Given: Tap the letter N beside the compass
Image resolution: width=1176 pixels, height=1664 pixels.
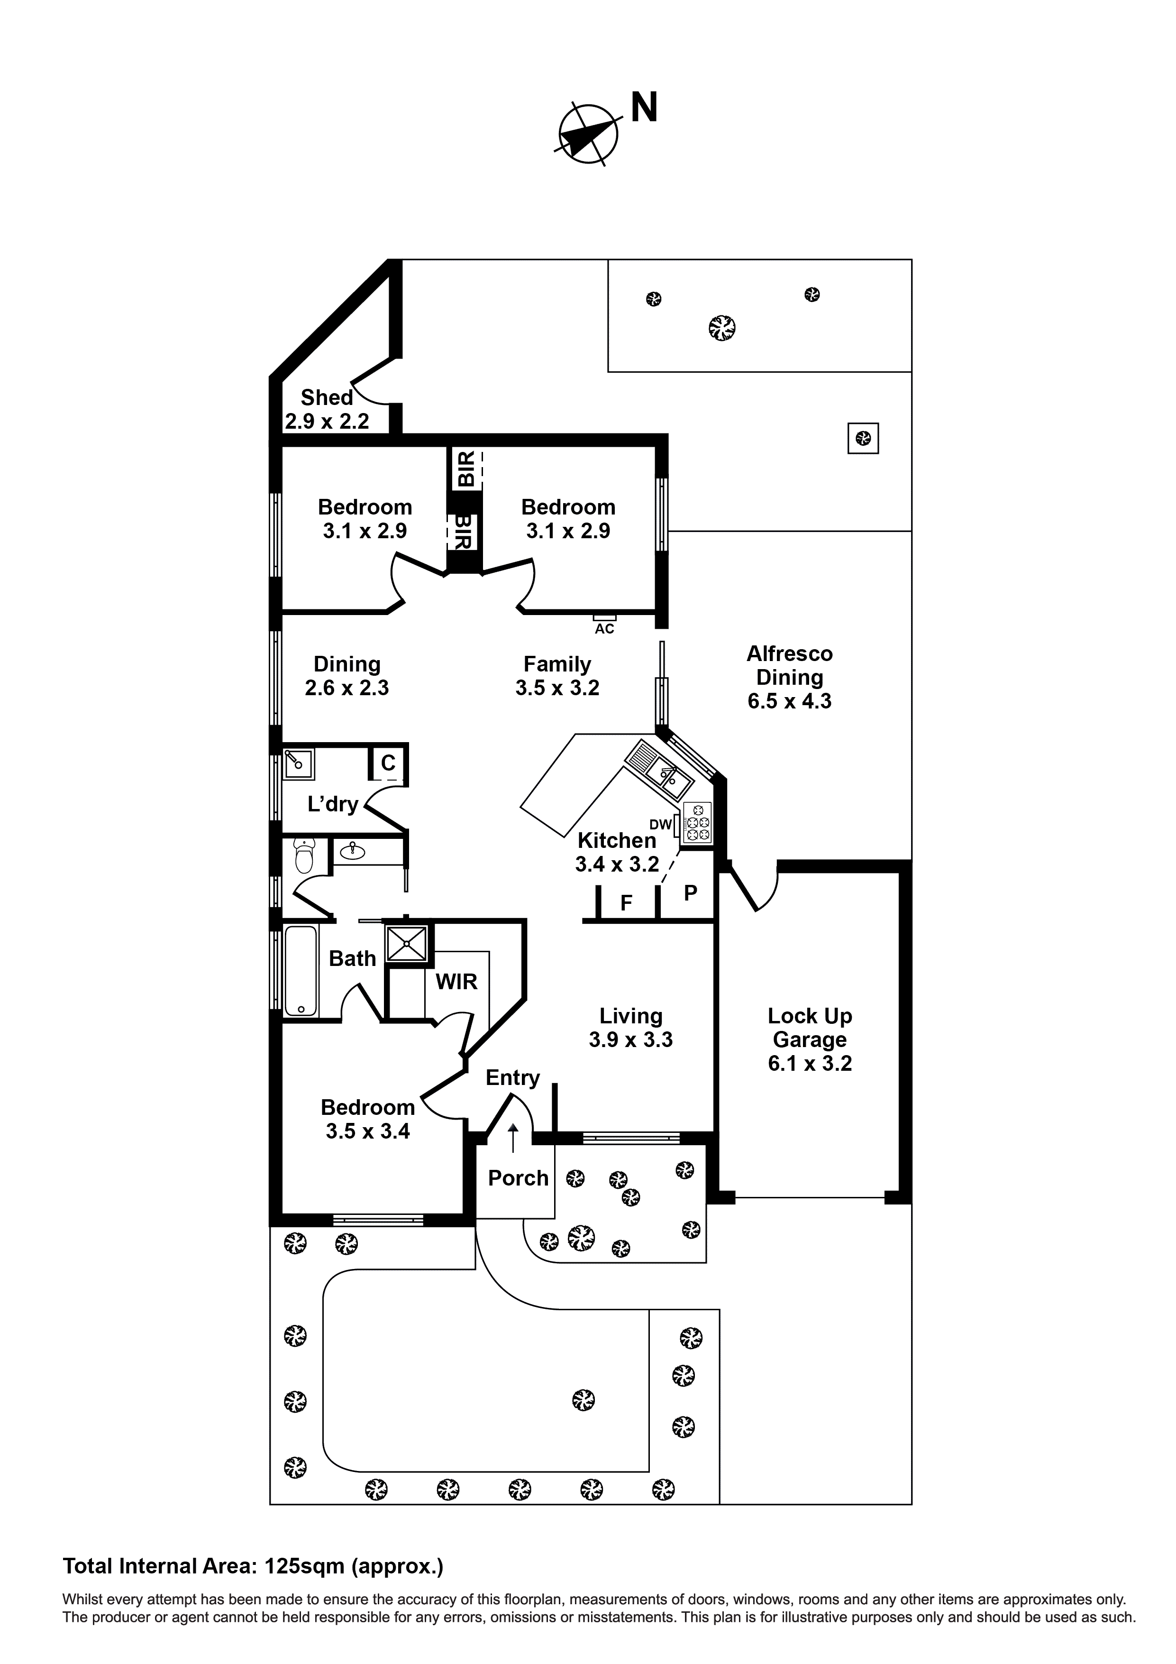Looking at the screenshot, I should [x=644, y=108].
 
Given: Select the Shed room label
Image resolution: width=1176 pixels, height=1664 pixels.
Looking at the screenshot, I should [x=327, y=397].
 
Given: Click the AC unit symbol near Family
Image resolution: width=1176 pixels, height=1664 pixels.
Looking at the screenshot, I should [x=604, y=617].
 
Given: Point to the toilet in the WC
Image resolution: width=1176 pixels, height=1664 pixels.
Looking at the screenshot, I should [x=304, y=856].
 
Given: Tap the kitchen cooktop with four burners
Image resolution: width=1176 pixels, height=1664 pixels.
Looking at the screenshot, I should [x=696, y=823].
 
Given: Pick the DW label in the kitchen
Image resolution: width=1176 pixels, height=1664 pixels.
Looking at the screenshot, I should [x=660, y=825].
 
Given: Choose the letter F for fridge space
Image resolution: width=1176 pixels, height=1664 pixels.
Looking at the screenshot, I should [x=627, y=903].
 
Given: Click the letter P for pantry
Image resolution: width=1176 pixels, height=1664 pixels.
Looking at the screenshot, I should [x=691, y=893].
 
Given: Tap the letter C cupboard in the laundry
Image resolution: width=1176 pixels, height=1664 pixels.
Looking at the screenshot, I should [x=388, y=763].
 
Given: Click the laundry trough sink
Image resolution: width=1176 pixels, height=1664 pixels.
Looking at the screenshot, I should [x=298, y=763].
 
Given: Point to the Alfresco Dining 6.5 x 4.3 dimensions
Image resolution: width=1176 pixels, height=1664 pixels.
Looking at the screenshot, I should [x=790, y=701].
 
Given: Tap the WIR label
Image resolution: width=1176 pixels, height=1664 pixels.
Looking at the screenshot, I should [x=456, y=982].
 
